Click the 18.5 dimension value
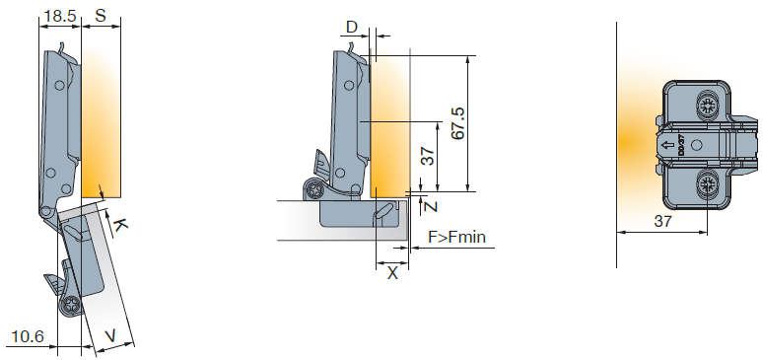tap(60, 16)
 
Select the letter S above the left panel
tap(101, 16)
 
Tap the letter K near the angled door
tap(120, 225)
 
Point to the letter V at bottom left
tap(111, 335)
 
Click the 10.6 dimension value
tap(28, 336)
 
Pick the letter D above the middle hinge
tap(351, 28)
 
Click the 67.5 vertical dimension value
tap(458, 123)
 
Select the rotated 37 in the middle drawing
tap(427, 157)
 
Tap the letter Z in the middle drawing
tap(431, 206)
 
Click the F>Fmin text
tap(457, 238)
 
